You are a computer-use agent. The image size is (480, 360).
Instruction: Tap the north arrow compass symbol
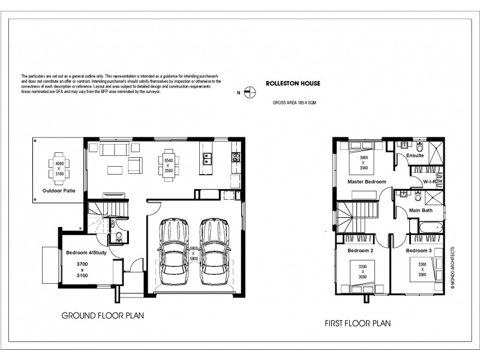click(x=251, y=92)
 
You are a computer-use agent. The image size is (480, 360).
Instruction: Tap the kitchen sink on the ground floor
click(x=208, y=158)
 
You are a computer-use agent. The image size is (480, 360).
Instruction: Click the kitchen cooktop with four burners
click(x=236, y=158)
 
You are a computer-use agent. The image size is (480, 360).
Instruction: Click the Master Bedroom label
click(x=367, y=181)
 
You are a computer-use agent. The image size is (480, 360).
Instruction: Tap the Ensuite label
click(x=415, y=155)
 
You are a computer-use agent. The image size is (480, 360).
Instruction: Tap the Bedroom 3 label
click(x=419, y=250)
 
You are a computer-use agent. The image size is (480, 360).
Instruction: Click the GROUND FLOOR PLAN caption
click(x=102, y=314)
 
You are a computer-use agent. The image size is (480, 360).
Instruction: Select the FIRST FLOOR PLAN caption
click(x=358, y=323)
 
